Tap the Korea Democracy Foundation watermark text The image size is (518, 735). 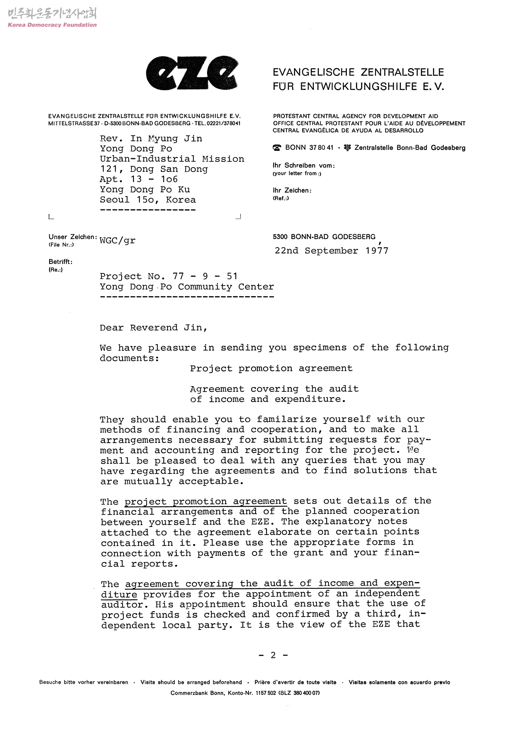(52, 25)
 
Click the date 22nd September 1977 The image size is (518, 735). (332, 251)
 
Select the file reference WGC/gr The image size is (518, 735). (117, 240)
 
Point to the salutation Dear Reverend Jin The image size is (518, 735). (153, 328)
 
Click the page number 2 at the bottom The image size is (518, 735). (273, 655)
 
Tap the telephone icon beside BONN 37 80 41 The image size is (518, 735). (277, 148)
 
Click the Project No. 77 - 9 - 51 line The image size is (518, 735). (168, 276)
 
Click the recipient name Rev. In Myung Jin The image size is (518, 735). (151, 138)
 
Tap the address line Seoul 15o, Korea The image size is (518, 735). (148, 200)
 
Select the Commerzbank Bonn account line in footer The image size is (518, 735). (245, 693)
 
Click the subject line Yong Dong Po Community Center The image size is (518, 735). (186, 287)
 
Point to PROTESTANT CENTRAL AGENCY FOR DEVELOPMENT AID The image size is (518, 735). (355, 116)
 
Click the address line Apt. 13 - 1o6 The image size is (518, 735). (139, 179)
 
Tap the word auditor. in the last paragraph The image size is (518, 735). (122, 605)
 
